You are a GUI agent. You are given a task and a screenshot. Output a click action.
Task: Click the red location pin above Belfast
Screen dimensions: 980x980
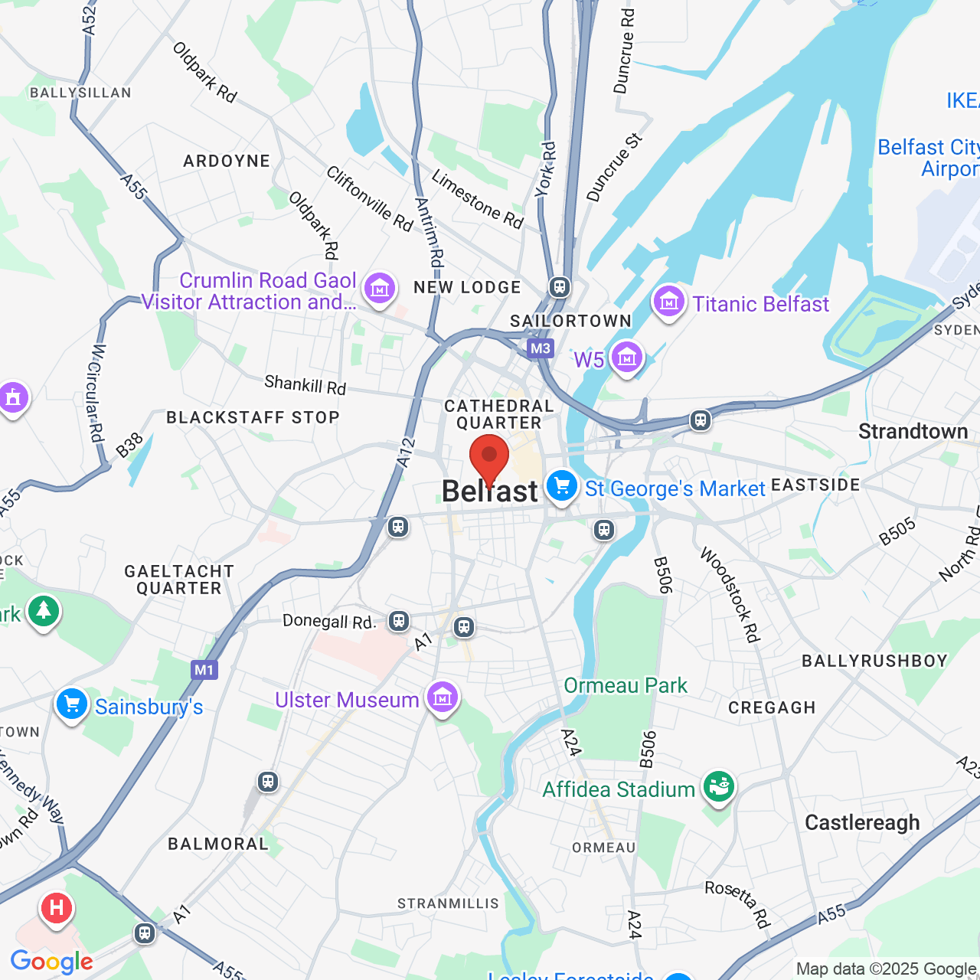[489, 457]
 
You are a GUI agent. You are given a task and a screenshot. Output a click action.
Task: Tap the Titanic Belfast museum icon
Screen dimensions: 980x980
[668, 302]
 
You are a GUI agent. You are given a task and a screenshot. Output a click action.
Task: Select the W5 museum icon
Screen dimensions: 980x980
[627, 357]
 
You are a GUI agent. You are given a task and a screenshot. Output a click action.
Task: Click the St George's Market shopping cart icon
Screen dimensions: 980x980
[562, 486]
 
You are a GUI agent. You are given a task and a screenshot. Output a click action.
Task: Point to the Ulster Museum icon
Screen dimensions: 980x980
[442, 697]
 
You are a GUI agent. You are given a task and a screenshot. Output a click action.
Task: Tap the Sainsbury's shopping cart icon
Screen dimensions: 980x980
[72, 704]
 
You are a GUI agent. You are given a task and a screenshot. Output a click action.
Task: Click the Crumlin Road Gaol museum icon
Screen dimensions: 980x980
[380, 289]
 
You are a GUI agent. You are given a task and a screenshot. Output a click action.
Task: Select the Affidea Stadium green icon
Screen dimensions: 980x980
[718, 786]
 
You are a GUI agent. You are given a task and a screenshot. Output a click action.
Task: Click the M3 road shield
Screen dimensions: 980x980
[541, 348]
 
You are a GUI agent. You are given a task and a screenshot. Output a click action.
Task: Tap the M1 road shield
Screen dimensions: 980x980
[204, 670]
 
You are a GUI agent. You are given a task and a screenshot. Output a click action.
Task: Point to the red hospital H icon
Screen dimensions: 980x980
[56, 909]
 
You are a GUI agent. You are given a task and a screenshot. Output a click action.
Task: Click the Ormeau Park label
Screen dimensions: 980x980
[626, 685]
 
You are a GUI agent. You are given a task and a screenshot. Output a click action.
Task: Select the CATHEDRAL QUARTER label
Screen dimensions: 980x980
[498, 414]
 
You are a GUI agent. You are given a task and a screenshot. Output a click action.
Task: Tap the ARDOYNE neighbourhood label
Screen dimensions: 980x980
[227, 161]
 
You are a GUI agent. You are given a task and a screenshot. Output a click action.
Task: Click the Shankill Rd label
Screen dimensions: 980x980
[305, 384]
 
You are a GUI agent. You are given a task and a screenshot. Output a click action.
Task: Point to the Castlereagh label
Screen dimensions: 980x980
[862, 822]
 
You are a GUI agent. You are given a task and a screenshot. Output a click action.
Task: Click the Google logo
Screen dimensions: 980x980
[51, 962]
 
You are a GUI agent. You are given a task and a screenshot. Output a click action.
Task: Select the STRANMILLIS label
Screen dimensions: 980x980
[448, 903]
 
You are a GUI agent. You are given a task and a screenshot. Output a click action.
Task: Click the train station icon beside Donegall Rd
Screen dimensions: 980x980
[398, 620]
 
